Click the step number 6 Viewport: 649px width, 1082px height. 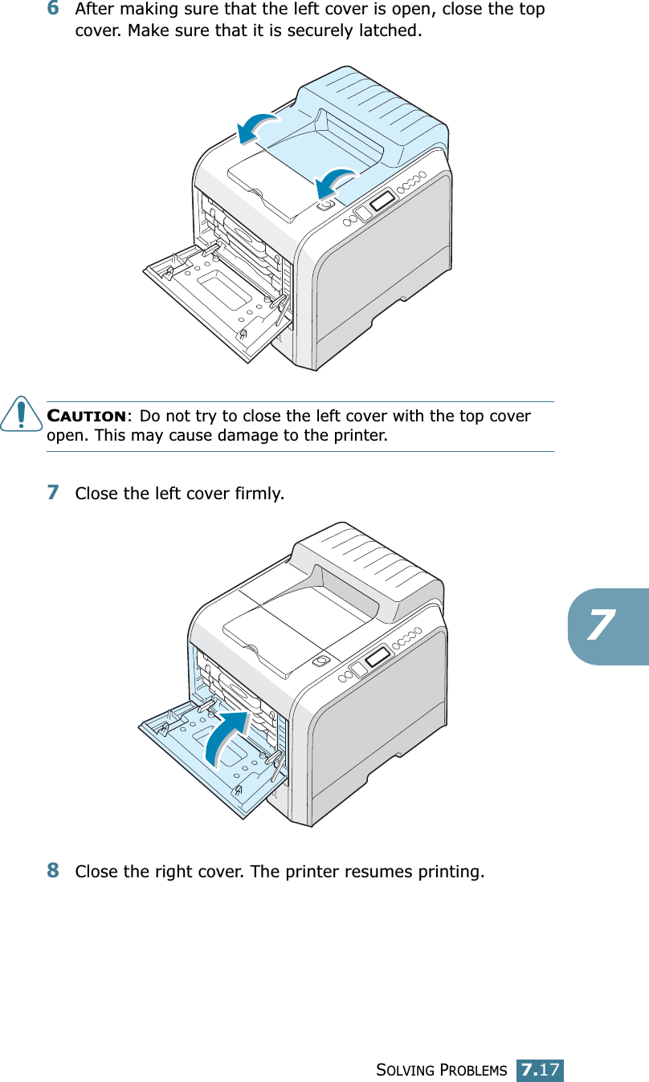(52, 10)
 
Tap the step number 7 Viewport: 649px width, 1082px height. (52, 491)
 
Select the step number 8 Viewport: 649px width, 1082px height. (52, 870)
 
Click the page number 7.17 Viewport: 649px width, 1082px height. (540, 1070)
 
